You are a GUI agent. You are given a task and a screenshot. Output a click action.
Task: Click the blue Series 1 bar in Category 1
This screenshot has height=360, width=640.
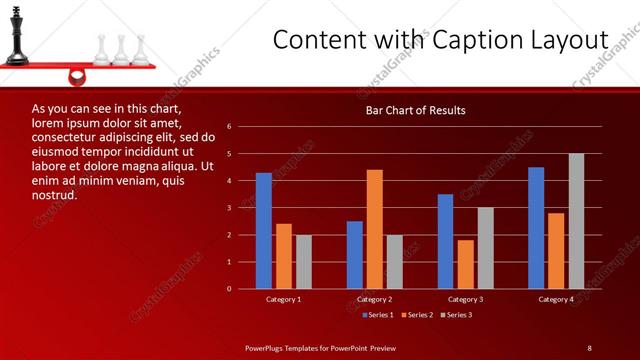(x=263, y=231)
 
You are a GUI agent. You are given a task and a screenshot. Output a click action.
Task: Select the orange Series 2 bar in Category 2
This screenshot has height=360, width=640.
(x=374, y=229)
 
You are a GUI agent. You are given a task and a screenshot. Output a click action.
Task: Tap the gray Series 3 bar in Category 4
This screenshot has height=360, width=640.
(x=576, y=221)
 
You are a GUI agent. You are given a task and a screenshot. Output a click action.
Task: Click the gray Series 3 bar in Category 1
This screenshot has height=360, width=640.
(x=303, y=262)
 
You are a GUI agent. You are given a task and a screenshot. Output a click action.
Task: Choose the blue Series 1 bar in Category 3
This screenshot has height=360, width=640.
(x=445, y=241)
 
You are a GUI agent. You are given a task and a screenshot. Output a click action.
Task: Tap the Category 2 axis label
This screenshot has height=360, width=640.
(x=374, y=299)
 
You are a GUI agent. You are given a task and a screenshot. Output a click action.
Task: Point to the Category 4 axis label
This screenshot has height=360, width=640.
(x=556, y=299)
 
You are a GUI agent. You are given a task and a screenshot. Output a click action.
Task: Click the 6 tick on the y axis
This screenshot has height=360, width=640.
(x=230, y=127)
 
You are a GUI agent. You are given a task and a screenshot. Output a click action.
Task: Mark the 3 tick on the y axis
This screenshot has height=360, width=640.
(x=230, y=208)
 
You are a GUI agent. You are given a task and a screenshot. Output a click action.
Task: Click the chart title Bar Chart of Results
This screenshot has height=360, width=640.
(x=415, y=110)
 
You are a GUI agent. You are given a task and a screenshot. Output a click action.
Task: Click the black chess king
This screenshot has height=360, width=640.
(x=16, y=36)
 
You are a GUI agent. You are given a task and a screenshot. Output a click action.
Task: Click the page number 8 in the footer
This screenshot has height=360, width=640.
(x=589, y=347)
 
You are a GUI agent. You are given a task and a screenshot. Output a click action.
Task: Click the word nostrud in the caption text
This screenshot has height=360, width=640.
(x=55, y=195)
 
